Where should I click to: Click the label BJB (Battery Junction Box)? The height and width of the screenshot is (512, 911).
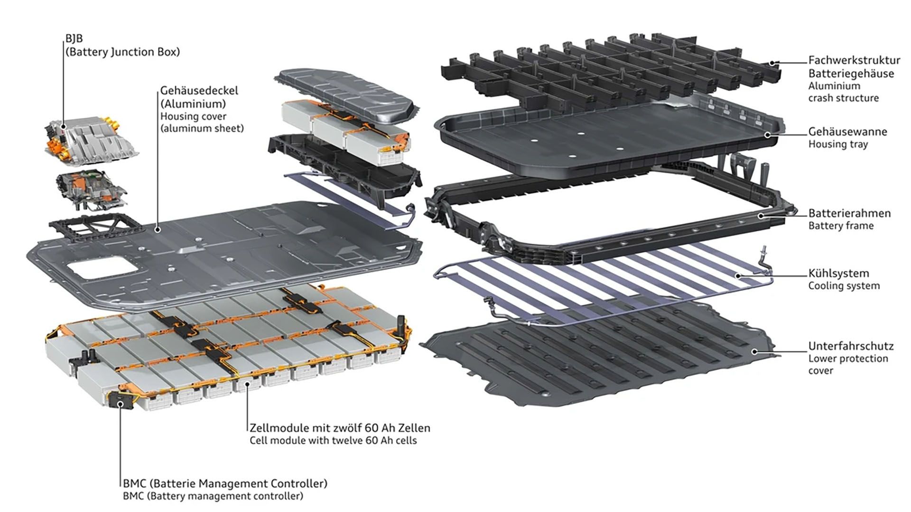[x=122, y=46]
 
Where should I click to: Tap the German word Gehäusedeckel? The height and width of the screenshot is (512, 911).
[x=199, y=91]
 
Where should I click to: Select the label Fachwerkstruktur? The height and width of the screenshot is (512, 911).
[x=854, y=60]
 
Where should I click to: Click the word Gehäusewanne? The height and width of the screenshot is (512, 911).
[x=847, y=132]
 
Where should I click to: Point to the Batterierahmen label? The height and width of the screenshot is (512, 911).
[x=849, y=213]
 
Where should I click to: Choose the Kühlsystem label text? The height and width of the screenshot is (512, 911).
[x=838, y=274]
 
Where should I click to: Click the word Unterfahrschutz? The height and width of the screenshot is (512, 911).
[x=851, y=346]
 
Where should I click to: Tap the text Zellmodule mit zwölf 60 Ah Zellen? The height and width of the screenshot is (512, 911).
[x=340, y=428]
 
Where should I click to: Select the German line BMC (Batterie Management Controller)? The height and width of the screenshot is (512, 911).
[x=225, y=484]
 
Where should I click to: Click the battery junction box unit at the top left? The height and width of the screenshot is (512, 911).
[x=93, y=137]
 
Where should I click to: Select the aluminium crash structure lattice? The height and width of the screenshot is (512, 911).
[x=612, y=71]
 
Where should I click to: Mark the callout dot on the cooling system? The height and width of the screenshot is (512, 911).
[x=738, y=275]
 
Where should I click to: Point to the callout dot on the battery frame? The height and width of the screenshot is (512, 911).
[x=761, y=216]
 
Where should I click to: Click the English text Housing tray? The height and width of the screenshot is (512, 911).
[x=838, y=145]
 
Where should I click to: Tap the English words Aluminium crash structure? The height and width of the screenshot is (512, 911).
[x=843, y=92]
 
